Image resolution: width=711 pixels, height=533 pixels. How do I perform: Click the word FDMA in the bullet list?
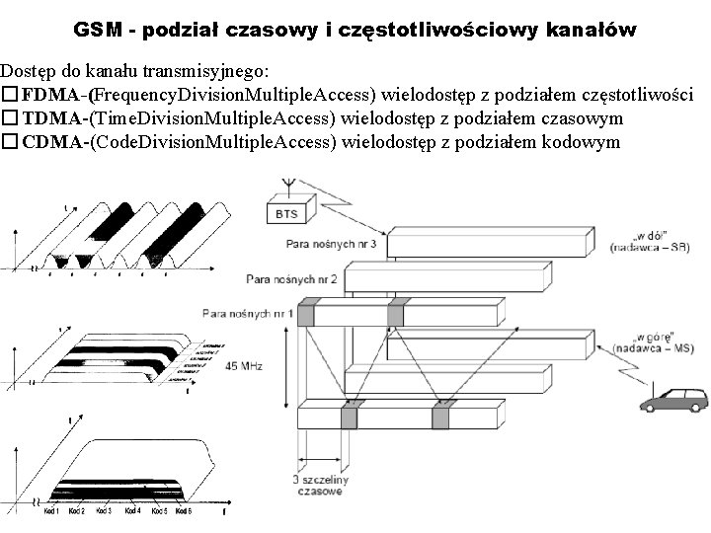pyautogui.click(x=53, y=96)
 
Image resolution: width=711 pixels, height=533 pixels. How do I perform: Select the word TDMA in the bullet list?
pyautogui.click(x=53, y=119)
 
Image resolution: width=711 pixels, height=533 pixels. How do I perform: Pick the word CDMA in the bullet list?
pyautogui.click(x=54, y=142)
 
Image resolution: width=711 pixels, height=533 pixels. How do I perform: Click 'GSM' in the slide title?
pyautogui.click(x=99, y=31)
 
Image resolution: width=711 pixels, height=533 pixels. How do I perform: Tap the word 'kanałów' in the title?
pyautogui.click(x=593, y=31)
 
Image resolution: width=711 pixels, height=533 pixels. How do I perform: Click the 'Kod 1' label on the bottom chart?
pyautogui.click(x=50, y=511)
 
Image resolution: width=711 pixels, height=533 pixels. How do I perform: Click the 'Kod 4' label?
pyautogui.click(x=131, y=511)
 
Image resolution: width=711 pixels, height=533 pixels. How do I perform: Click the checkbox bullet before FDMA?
pyautogui.click(x=10, y=96)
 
